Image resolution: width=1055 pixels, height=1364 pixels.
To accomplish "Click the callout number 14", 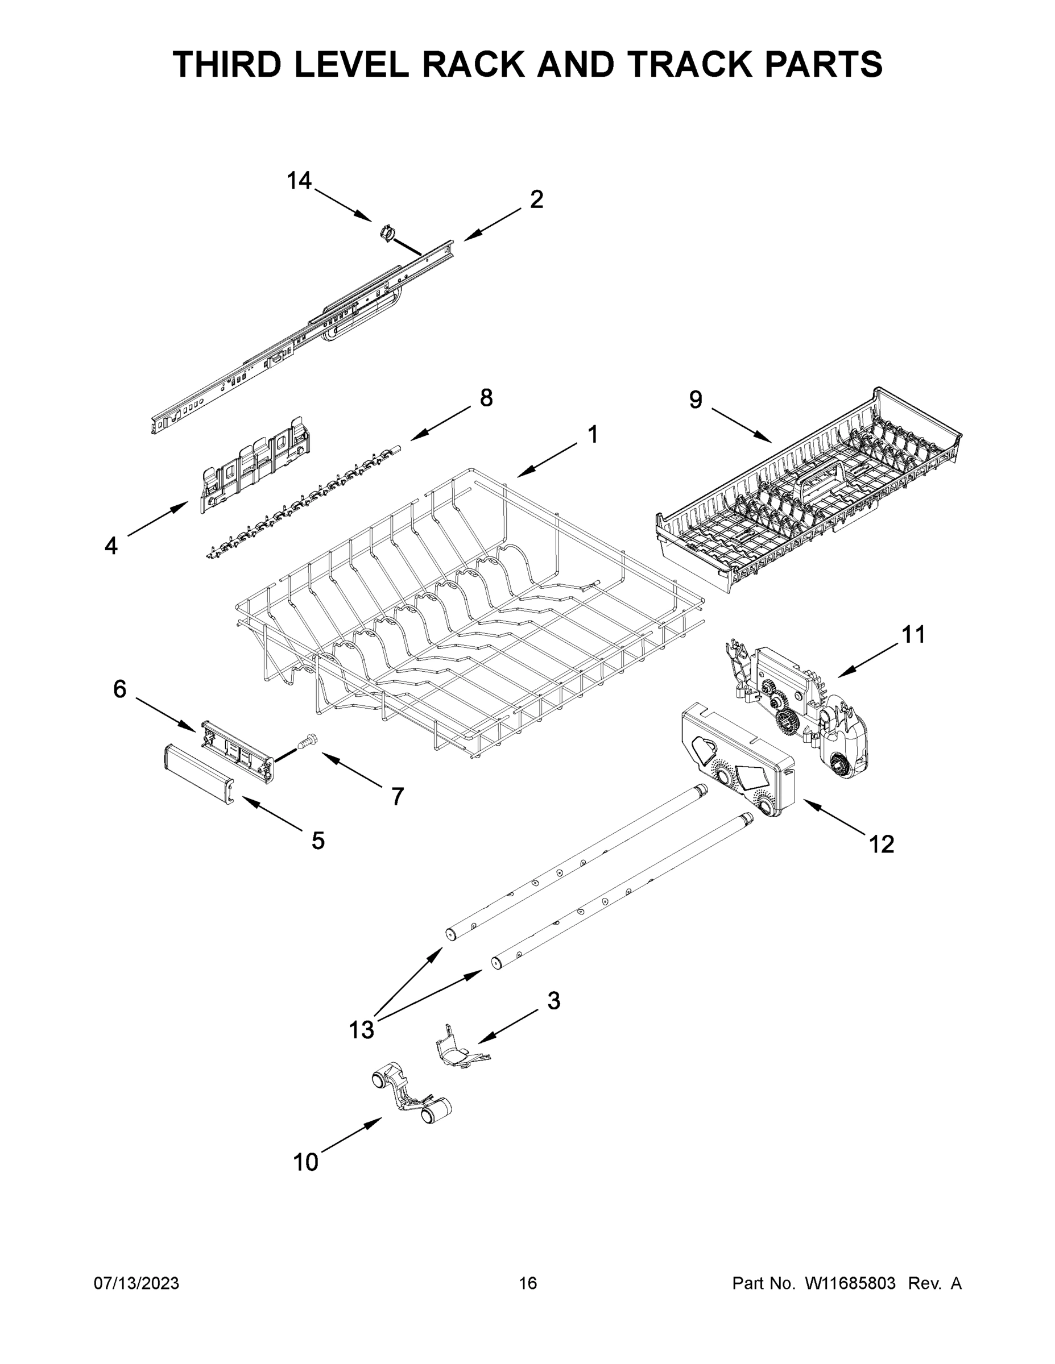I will pyautogui.click(x=299, y=181).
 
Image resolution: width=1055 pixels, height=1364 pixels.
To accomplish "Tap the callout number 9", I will pyautogui.click(x=696, y=399).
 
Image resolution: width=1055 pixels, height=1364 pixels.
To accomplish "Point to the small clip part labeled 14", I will pyautogui.click(x=387, y=233).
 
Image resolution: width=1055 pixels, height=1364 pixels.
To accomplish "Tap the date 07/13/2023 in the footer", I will pyautogui.click(x=136, y=1283).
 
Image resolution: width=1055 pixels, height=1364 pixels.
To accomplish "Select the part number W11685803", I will pyautogui.click(x=850, y=1283).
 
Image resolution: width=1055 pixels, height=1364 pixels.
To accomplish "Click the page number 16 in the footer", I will pyautogui.click(x=528, y=1283).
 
